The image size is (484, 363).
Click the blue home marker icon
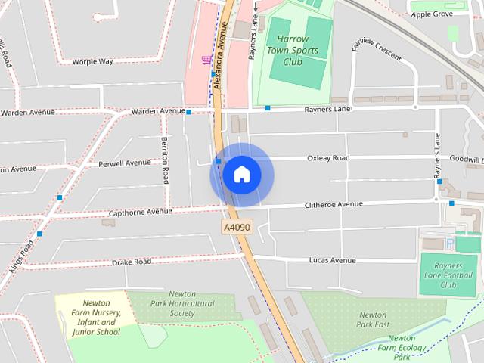[242, 175]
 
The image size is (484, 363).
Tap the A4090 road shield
[237, 227]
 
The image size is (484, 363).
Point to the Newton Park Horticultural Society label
[181, 303]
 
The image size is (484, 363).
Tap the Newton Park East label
[373, 319]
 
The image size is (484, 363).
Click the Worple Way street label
[92, 61]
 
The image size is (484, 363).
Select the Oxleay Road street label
[328, 158]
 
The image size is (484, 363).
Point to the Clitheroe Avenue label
[334, 205]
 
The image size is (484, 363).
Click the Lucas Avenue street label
[332, 260]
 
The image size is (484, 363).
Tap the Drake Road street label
[132, 262]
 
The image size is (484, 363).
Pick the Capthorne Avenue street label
[139, 213]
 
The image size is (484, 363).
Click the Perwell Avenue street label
[124, 163]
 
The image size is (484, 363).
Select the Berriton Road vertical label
[164, 161]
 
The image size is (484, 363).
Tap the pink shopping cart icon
[206, 60]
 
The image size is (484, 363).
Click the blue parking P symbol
[451, 244]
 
